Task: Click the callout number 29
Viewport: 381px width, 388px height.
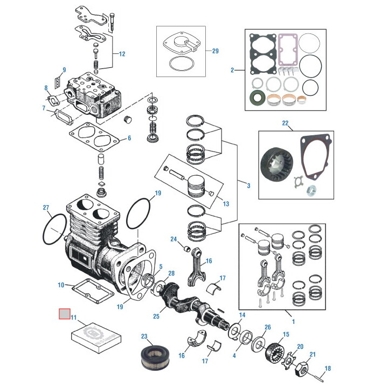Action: [x=215, y=51]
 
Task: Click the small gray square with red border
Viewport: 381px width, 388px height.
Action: [x=64, y=313]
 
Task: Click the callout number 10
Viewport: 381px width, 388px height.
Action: [x=61, y=285]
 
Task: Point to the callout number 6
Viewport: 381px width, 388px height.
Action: [x=129, y=138]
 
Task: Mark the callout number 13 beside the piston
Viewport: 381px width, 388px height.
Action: [x=226, y=204]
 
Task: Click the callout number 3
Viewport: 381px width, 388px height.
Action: [x=248, y=186]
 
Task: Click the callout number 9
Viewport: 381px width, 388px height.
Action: [x=64, y=70]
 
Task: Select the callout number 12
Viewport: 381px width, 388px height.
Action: [x=122, y=54]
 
